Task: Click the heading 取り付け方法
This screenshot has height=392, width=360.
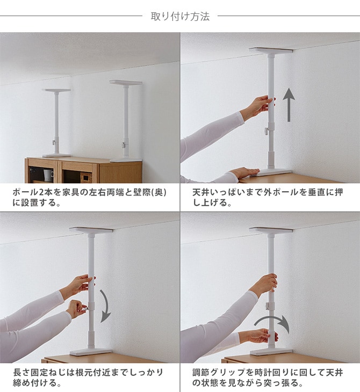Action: click(x=180, y=17)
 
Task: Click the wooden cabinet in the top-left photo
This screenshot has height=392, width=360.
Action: click(x=83, y=170)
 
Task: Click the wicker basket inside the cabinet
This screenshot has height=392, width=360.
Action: click(x=86, y=177)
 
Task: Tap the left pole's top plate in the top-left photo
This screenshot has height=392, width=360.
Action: click(x=56, y=90)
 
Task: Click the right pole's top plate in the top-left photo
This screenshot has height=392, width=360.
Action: click(x=126, y=83)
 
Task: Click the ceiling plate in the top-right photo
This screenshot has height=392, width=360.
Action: click(x=271, y=50)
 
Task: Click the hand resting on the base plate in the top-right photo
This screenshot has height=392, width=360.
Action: click(x=244, y=172)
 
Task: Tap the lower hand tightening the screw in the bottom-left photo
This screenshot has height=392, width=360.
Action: click(x=76, y=308)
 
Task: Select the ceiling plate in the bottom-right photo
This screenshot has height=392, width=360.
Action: click(x=271, y=230)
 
